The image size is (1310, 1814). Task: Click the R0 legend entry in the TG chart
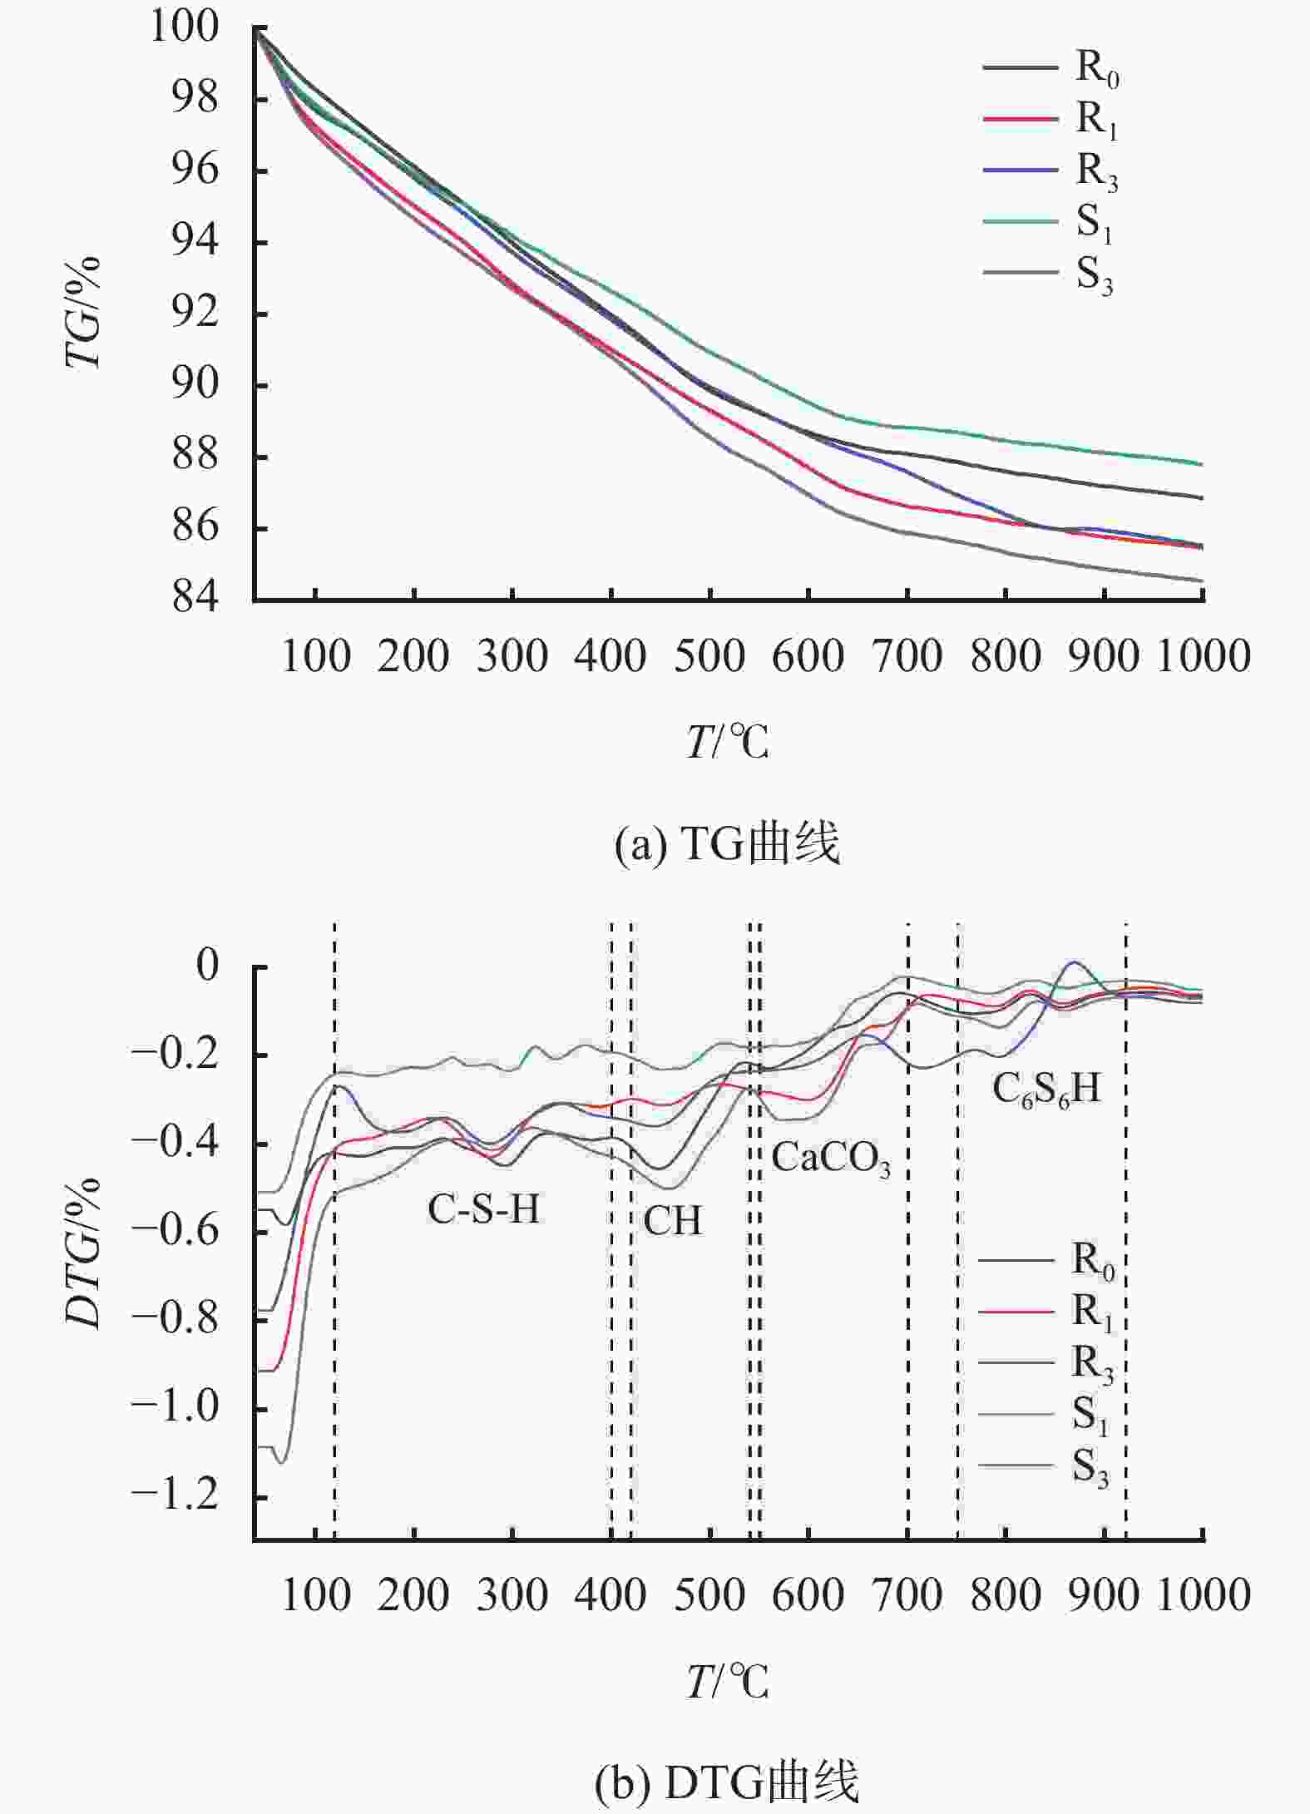click(x=1051, y=68)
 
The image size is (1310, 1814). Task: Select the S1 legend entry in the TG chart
click(x=1048, y=223)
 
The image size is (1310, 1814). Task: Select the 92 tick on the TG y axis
click(x=196, y=313)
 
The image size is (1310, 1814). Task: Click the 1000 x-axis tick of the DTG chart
click(x=1204, y=1595)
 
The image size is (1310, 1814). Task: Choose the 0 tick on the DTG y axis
click(x=208, y=966)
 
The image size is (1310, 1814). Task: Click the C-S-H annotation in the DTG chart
click(x=484, y=1209)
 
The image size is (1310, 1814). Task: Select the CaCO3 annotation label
click(x=831, y=1158)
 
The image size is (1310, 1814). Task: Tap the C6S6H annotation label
click(x=1046, y=1089)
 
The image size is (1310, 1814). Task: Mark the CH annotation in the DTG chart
click(x=673, y=1221)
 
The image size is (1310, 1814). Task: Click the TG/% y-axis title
click(x=83, y=312)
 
